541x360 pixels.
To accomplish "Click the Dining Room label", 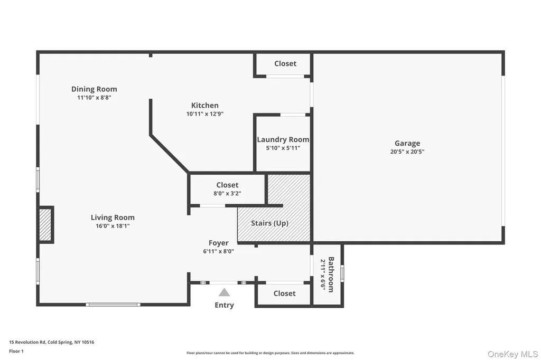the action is click(94, 89).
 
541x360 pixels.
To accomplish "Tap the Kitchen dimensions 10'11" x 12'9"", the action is click(205, 114).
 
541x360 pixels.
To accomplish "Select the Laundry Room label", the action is click(283, 140).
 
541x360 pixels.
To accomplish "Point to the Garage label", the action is click(407, 143).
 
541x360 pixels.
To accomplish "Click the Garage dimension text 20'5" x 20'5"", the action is click(407, 151).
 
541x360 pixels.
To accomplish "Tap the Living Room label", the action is click(113, 217).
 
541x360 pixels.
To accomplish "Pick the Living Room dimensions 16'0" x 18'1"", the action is click(113, 226).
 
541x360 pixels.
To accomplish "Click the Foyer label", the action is click(218, 243).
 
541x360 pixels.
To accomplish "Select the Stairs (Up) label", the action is click(270, 223).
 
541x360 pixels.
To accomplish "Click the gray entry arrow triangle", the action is click(224, 293).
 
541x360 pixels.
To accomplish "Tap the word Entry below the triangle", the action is click(224, 305).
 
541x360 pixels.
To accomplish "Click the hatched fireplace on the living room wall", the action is click(45, 225).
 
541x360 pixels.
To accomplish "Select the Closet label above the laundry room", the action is click(285, 63).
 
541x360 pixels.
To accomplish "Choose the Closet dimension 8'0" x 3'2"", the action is click(227, 193).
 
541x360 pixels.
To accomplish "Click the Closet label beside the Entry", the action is click(285, 293).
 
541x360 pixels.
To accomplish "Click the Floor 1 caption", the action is click(16, 352).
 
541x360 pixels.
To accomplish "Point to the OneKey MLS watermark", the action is click(512, 354).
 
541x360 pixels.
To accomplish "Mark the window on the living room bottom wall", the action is click(113, 305).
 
